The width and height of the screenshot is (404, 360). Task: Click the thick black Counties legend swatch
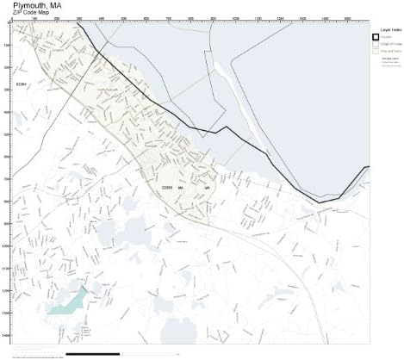(376, 37)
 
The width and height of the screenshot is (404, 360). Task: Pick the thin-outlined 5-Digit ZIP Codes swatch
(376, 44)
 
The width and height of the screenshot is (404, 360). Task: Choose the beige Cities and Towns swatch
(376, 51)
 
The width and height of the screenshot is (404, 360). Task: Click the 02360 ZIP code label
(167, 186)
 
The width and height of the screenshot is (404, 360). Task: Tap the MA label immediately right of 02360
(182, 186)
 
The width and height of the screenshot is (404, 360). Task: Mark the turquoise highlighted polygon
(68, 301)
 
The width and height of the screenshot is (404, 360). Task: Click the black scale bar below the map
(92, 353)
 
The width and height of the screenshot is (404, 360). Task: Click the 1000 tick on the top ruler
(235, 18)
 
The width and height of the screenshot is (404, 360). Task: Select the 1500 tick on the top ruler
(346, 18)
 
